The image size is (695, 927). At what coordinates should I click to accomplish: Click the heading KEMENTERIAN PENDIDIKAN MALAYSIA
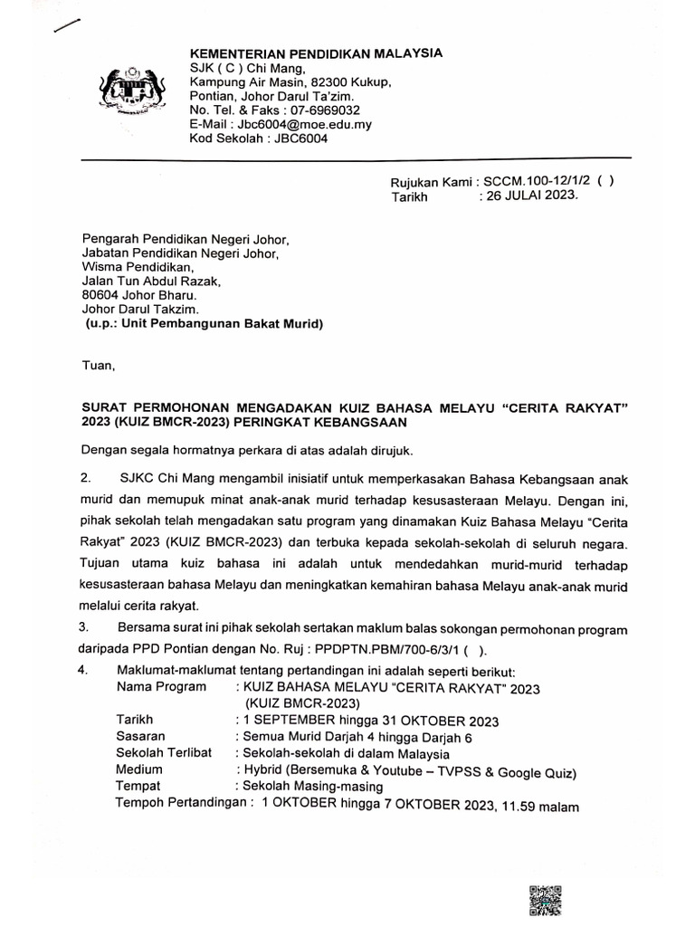click(316, 53)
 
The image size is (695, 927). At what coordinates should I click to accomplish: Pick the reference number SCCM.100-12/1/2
click(536, 180)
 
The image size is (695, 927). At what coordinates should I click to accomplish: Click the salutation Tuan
click(99, 366)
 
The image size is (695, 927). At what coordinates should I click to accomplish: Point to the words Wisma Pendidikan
click(138, 267)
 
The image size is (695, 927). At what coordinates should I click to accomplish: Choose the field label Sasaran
click(140, 736)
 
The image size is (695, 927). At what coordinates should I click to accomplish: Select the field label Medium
click(138, 769)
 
